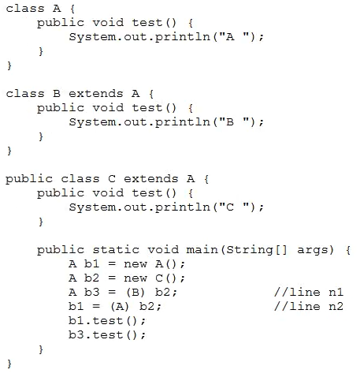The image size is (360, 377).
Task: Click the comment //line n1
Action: tap(309, 292)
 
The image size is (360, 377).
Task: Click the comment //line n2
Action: tap(309, 306)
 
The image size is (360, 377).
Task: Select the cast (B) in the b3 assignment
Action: tap(135, 293)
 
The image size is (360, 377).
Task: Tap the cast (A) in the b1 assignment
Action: tap(120, 307)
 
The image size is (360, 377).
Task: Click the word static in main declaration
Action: tap(116, 249)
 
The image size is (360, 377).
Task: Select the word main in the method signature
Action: tap(202, 249)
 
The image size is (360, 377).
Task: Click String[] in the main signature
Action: tap(257, 250)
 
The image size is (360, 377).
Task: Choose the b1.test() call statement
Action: tap(107, 321)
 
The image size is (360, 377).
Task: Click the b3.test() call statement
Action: tap(107, 335)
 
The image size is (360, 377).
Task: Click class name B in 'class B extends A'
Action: tap(57, 94)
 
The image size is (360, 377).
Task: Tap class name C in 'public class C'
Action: tap(112, 179)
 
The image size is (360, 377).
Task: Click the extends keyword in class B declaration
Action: tap(96, 94)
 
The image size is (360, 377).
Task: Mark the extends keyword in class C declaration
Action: tap(151, 179)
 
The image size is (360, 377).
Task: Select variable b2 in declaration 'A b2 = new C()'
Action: tap(91, 278)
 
